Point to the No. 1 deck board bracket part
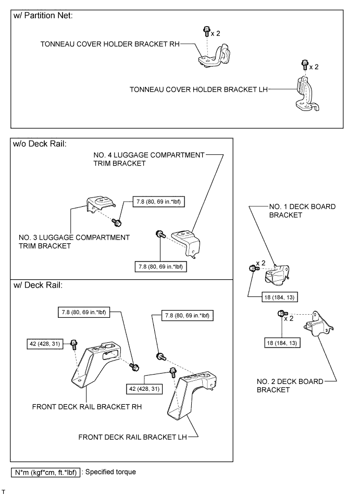(277, 275)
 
